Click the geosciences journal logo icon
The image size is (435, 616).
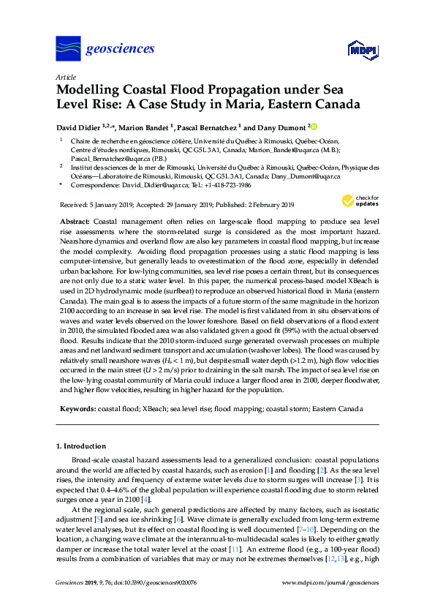(68, 49)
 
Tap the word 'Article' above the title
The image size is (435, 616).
(64, 77)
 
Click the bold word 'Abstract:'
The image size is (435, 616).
(76, 221)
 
